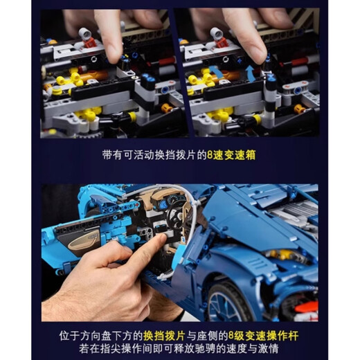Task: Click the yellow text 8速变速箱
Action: point(231,155)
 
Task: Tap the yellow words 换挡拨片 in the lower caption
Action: point(164,336)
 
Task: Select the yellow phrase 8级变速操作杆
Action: point(263,336)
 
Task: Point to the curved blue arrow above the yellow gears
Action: point(217,71)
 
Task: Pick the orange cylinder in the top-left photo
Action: point(97,75)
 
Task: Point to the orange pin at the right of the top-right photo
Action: point(300,108)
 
